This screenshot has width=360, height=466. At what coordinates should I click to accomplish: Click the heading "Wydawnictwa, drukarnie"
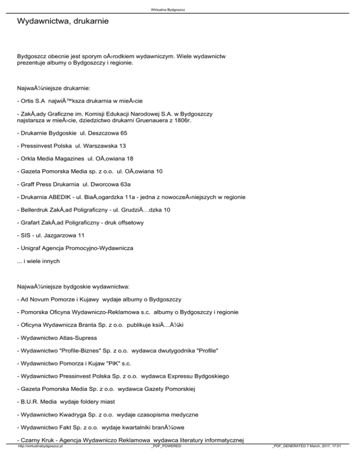(63, 22)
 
